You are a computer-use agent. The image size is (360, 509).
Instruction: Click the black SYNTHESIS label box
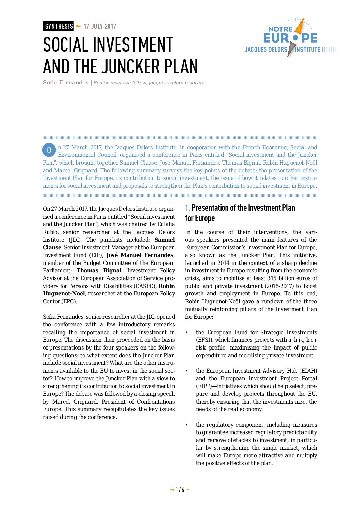click(58, 26)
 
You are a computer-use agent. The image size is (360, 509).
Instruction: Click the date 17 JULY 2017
click(100, 27)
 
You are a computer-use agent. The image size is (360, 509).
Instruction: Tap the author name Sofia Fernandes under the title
click(65, 83)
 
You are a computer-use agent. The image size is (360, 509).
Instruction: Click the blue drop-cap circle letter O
click(49, 150)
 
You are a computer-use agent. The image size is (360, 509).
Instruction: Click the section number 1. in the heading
click(187, 208)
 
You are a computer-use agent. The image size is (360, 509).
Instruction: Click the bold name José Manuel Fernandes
click(140, 255)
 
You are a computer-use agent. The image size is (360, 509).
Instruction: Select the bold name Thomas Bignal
click(99, 270)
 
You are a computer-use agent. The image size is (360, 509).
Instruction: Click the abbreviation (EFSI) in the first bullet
click(204, 340)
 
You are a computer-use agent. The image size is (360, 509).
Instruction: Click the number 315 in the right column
click(272, 278)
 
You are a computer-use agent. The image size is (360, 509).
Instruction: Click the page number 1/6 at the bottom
click(180, 490)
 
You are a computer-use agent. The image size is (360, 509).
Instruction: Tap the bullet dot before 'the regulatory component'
click(186, 425)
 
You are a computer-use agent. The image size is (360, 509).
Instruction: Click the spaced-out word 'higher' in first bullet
click(305, 340)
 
